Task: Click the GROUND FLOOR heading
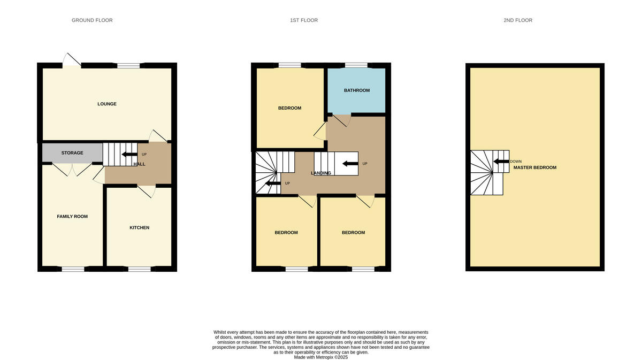pos(92,20)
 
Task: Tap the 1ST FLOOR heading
pos(304,20)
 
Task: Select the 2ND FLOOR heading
pos(517,20)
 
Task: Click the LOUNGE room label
pos(107,104)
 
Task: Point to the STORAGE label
pos(72,153)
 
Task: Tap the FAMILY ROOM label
pos(72,217)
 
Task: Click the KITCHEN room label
pos(139,228)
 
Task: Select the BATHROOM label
pos(356,90)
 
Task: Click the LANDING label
pos(321,173)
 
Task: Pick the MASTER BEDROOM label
pos(534,167)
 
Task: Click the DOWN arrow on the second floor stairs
pos(501,161)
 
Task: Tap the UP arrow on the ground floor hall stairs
pos(128,154)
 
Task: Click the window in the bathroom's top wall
pos(356,65)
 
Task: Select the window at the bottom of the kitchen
pos(139,269)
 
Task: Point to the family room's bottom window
pos(73,269)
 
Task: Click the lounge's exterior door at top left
pos(72,60)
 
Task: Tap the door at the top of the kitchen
pos(147,190)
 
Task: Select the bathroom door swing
pos(340,120)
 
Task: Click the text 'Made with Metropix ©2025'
pos(321,357)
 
